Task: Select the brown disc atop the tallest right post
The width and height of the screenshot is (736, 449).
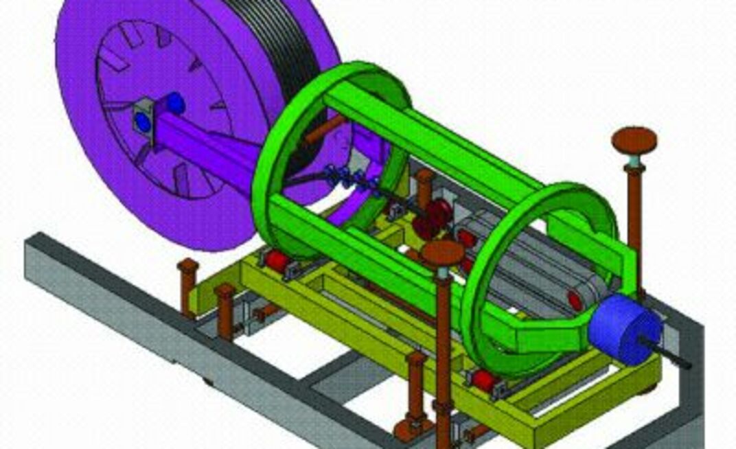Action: pos(634,140)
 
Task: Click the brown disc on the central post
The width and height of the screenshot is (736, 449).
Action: pos(443,253)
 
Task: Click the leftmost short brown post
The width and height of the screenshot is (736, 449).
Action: pos(187,285)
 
